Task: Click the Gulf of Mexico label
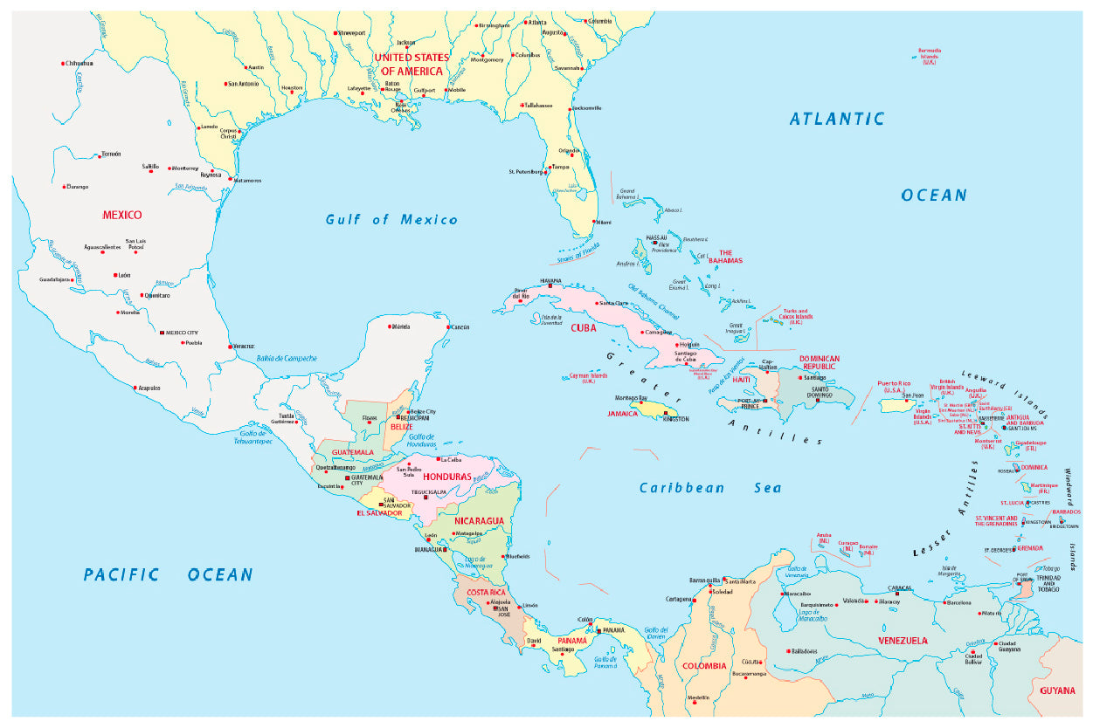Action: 391,220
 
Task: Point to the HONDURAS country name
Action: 446,477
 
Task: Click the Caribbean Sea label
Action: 710,488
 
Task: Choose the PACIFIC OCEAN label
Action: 168,574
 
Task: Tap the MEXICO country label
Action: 121,215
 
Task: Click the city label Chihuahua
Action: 78,63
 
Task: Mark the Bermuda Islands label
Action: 929,56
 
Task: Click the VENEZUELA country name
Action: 903,641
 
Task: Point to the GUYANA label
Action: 1057,690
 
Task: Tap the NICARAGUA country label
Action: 479,521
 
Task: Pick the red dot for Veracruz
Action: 229,346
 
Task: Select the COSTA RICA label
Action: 488,593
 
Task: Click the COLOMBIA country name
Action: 704,666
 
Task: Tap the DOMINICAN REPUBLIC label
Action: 819,362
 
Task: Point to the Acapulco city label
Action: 149,388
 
